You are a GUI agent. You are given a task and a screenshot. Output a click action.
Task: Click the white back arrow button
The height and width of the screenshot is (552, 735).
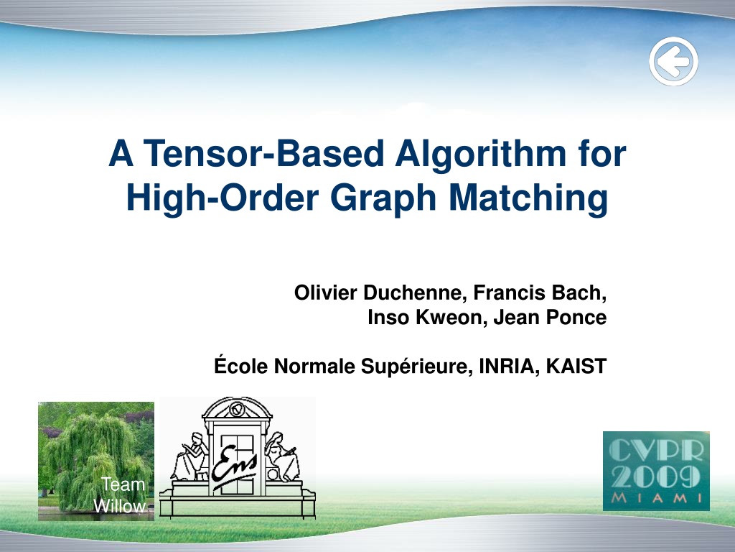(673, 62)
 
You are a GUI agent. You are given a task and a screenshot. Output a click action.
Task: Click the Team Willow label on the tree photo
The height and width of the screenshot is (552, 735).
(120, 495)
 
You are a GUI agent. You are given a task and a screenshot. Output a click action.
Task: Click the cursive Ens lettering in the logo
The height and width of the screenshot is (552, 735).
(234, 466)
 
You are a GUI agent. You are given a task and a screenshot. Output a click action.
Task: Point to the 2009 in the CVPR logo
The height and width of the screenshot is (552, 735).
(656, 477)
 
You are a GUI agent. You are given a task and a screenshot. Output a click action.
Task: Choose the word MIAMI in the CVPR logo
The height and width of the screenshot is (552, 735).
(656, 498)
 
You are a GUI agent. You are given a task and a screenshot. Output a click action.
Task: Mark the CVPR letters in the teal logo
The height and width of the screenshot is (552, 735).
(656, 451)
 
